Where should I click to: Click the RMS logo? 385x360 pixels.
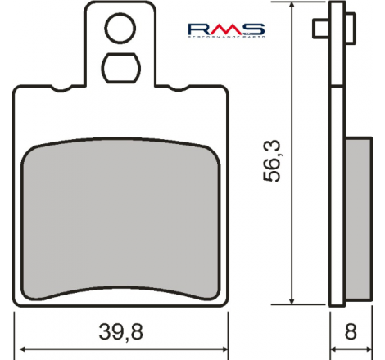[226, 30]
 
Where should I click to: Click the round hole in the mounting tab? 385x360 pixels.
[120, 29]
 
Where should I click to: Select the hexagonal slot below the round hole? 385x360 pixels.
[121, 68]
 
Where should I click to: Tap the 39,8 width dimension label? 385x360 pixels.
[121, 332]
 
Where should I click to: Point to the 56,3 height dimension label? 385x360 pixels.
[271, 160]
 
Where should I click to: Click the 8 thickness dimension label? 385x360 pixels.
[351, 332]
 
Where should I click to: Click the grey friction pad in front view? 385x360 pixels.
[121, 219]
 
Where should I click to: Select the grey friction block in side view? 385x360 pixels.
[358, 219]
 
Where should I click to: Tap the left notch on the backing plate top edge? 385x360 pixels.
[62, 88]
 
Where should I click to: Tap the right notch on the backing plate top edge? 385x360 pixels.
[179, 88]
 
